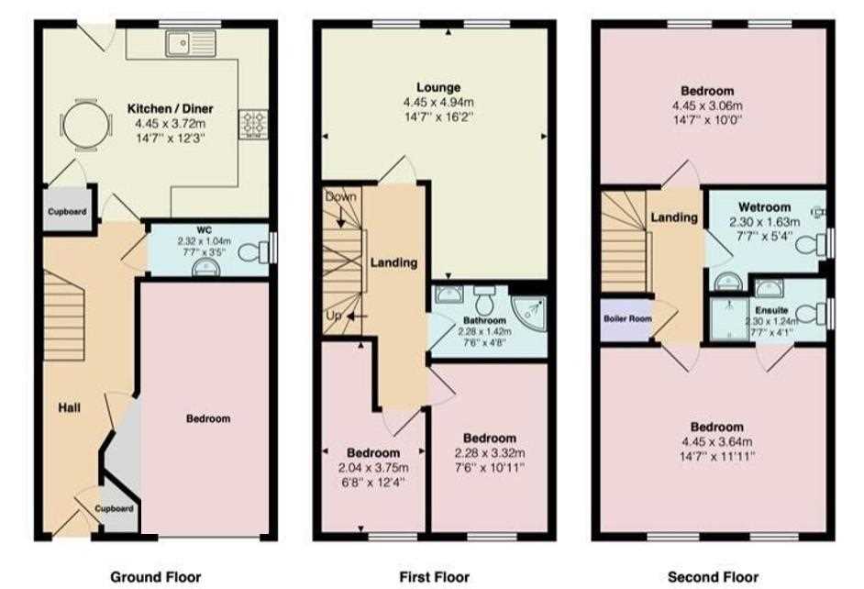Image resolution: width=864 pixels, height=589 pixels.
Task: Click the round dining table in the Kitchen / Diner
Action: coord(86,125)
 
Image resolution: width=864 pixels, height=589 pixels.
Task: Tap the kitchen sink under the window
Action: coord(190,42)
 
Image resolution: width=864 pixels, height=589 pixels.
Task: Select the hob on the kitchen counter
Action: coord(253,125)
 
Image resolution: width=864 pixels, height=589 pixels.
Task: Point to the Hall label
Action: coord(70,407)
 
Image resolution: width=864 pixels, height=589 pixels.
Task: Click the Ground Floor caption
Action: coord(155,577)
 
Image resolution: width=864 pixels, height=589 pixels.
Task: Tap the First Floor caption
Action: coord(434,577)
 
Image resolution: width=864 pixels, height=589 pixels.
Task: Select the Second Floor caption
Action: coord(713,577)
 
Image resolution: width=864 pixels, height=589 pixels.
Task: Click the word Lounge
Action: coord(438,87)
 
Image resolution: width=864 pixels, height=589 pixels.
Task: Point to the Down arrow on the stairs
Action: coord(341,217)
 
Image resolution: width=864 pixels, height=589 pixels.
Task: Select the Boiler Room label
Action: coord(627,318)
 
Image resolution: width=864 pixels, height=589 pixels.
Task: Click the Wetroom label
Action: coord(764,207)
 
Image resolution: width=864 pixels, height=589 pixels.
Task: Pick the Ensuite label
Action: coord(771,310)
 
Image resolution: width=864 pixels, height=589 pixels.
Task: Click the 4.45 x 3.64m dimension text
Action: coord(717,441)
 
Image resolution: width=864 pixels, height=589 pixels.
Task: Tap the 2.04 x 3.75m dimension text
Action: coord(373,468)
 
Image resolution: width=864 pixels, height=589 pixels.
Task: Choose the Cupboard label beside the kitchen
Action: coord(67,212)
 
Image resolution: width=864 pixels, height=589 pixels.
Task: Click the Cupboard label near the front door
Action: coord(114,508)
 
